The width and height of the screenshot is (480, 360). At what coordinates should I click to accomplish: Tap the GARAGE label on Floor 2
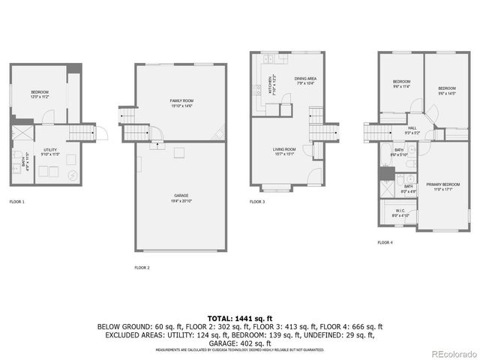click(181, 197)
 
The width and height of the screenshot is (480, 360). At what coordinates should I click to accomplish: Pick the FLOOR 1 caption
click(16, 202)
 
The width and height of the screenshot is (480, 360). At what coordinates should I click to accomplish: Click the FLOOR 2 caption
click(142, 267)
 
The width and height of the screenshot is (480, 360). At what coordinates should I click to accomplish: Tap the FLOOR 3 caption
click(257, 202)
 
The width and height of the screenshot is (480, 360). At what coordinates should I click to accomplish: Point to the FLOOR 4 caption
click(385, 242)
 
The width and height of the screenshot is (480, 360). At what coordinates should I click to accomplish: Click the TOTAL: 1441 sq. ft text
click(240, 319)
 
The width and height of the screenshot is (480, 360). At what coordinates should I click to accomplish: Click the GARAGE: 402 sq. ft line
click(240, 342)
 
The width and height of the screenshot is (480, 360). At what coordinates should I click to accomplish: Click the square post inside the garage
click(180, 153)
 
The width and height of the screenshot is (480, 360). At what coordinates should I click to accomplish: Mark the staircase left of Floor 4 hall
click(375, 133)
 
